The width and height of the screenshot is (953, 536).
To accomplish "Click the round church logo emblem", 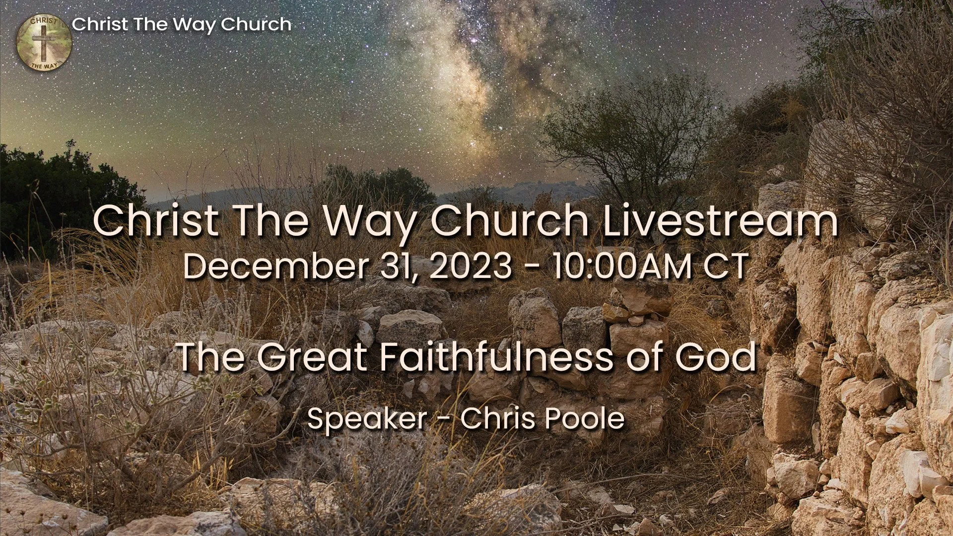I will pos(44,43).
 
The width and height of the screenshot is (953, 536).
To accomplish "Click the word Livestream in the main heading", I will pos(721,221).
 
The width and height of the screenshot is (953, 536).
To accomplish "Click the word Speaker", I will pos(367,418).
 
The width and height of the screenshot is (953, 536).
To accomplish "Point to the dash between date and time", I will pos(532,267).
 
